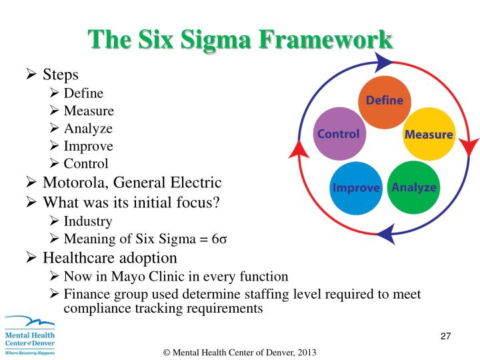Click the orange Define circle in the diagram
pos(383,101)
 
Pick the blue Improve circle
pos(355,187)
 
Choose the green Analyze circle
pos(413,187)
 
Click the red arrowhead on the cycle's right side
pos(471,145)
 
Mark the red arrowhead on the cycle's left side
pos(297,151)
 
